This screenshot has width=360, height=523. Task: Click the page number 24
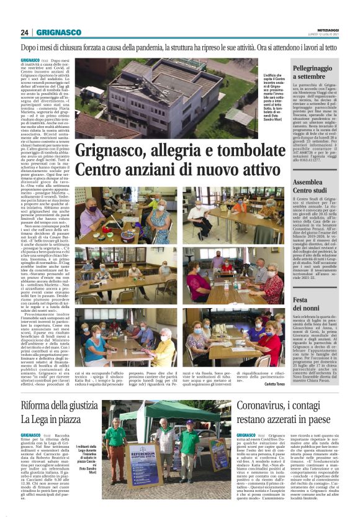(x=25, y=32)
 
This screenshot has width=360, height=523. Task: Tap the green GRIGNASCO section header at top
(x=59, y=32)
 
